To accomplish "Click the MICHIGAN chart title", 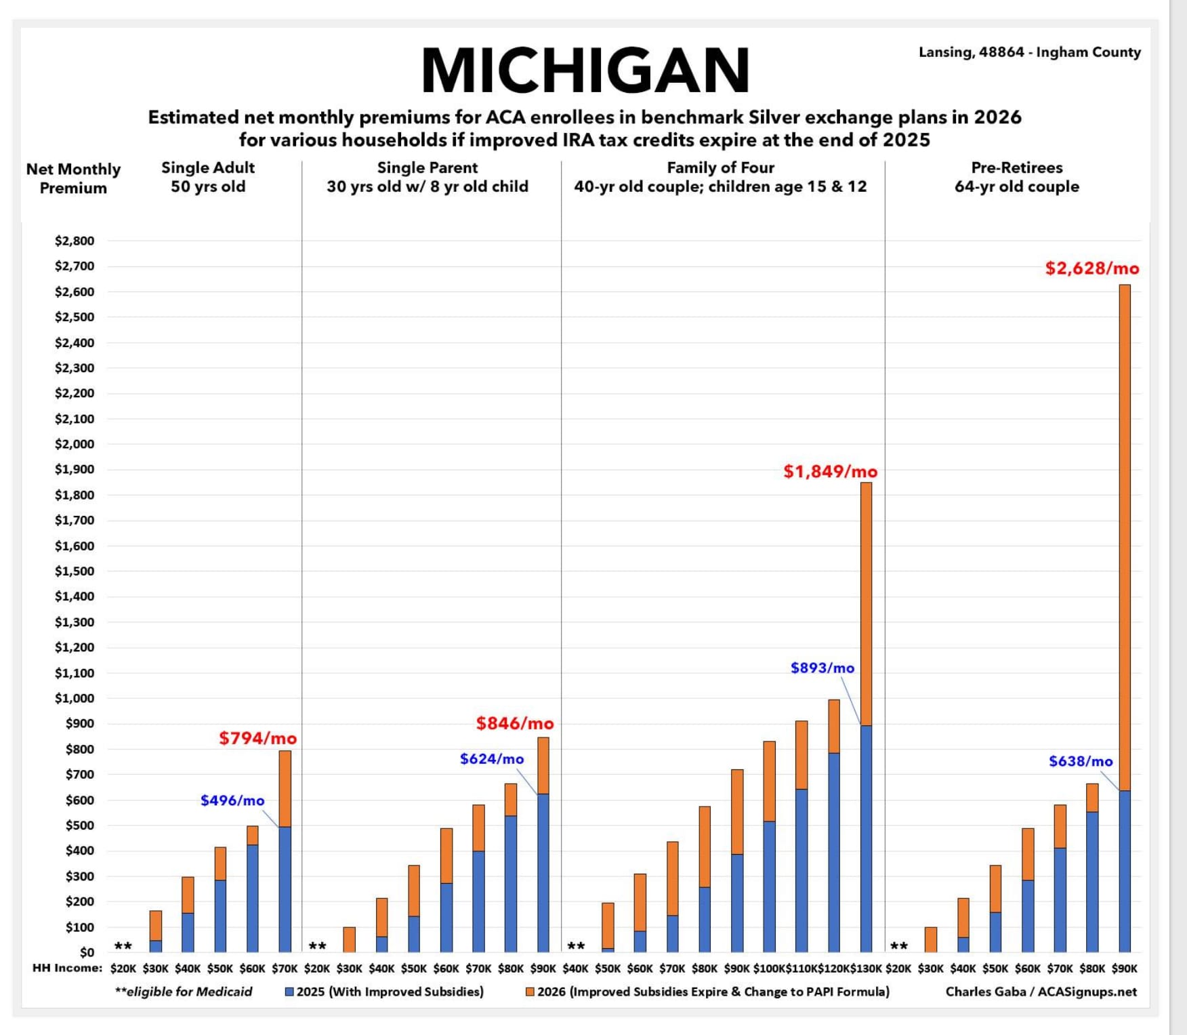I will click(585, 70).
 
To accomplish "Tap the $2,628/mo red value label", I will click(1091, 268).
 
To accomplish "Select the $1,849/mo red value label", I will click(830, 472).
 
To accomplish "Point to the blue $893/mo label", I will click(822, 668).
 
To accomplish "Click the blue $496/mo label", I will click(232, 800).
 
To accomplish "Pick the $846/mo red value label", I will click(514, 724).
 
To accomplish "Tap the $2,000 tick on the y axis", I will click(75, 444).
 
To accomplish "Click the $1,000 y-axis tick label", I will click(75, 698).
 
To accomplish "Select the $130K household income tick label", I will click(866, 969).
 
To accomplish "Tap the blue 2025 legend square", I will click(289, 992).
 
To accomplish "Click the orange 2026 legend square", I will click(530, 992).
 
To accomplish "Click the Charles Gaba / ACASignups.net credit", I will click(1041, 992).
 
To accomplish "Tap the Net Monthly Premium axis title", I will click(73, 178).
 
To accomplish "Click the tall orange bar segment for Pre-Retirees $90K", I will click(1125, 535).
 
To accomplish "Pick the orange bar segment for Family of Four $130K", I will click(866, 603).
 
